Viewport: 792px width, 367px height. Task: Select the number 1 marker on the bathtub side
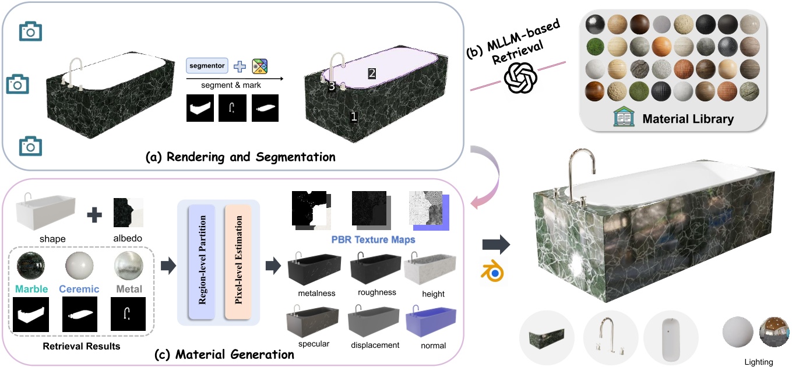353,117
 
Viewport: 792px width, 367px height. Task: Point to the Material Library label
688,119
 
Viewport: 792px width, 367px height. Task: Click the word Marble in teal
31,289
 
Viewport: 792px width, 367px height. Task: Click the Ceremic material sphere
80,267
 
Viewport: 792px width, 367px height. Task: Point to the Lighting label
758,362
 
